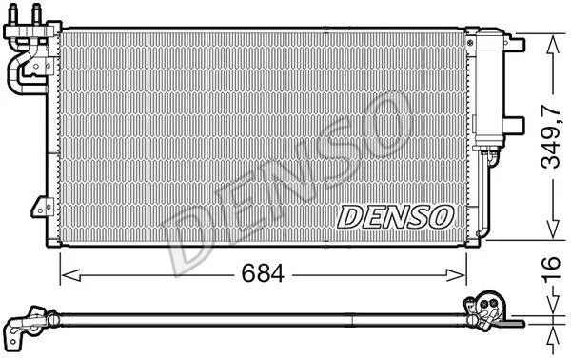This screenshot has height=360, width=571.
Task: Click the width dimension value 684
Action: point(263,273)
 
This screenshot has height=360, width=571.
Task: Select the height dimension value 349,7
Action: point(551,136)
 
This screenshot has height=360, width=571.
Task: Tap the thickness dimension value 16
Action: point(551,270)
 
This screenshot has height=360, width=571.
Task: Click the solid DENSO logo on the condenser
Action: point(396,216)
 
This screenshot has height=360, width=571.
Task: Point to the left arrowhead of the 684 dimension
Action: point(70,275)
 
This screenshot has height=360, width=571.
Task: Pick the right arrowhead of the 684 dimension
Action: point(456,275)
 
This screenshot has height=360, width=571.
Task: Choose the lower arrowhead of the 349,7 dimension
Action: point(553,229)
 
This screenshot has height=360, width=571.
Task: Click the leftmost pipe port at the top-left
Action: point(13,14)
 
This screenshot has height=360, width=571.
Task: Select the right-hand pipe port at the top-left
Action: point(37,14)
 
